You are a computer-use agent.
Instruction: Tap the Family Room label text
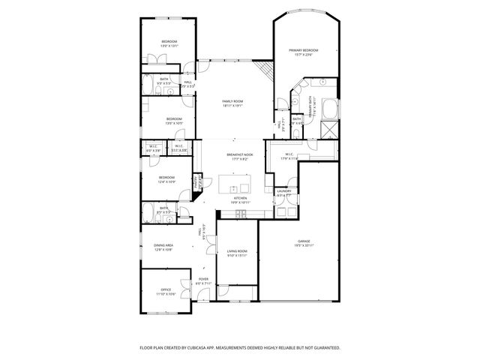[232, 101]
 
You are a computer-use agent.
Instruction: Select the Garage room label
[304, 241]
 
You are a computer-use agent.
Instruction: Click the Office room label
[166, 290]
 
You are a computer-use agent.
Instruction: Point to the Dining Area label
[163, 245]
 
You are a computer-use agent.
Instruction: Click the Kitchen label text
[239, 198]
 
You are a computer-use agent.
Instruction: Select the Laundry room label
[283, 191]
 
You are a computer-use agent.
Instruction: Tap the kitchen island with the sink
[238, 184]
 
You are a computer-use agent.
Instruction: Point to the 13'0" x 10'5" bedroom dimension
[174, 122]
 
